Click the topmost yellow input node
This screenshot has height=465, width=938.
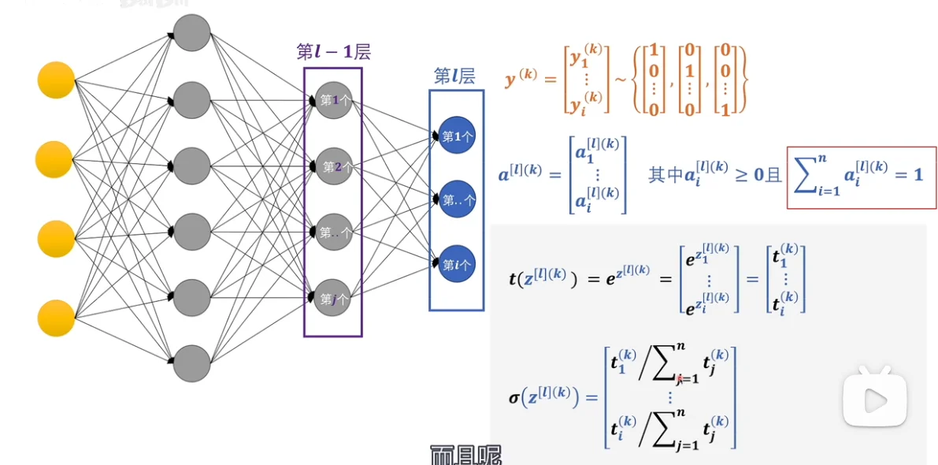(56, 80)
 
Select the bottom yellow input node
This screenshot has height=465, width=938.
(57, 318)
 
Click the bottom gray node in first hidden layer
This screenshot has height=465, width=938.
(191, 363)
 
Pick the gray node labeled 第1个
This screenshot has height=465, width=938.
(333, 101)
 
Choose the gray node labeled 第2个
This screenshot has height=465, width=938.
(333, 167)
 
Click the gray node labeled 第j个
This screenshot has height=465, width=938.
(333, 299)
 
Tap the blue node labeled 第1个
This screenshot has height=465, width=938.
(457, 136)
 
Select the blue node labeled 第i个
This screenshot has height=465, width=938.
(457, 265)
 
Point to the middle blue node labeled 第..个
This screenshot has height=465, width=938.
(457, 200)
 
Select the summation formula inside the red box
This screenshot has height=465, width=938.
(861, 177)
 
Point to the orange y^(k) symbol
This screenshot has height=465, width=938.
(520, 79)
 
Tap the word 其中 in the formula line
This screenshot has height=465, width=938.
(661, 175)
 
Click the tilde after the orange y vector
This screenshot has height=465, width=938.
(620, 80)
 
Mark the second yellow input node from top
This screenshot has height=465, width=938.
(54, 160)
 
